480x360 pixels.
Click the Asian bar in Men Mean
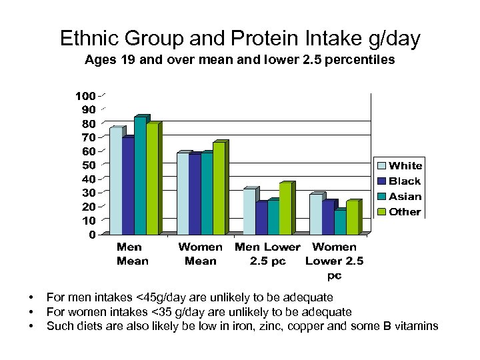pos(140,177)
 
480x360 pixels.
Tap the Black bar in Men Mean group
pos(128,187)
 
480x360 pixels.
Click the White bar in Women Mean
pos(183,194)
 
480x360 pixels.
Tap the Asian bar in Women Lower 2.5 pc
pos(340,223)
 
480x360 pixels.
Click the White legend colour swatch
pos(382,166)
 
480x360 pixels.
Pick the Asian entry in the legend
pos(405,196)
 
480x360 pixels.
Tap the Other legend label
pos(405,211)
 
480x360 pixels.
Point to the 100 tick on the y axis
pos(84,95)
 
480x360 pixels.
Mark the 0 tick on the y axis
pos(92,235)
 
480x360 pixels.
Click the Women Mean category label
pos(200,254)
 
